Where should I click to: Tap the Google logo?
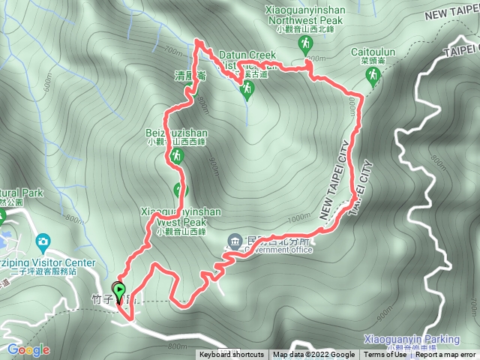point(28,349)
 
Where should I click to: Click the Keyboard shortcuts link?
point(232,355)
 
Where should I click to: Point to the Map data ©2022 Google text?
point(314,355)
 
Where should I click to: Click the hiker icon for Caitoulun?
point(373,76)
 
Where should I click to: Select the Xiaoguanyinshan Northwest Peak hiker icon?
point(305,45)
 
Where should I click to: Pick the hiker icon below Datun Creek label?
point(247,91)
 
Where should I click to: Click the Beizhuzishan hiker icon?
point(176,156)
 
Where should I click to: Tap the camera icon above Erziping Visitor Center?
point(42,241)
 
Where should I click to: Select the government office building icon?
point(235,241)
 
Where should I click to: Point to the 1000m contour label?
point(298,217)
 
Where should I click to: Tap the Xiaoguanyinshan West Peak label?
point(181,217)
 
